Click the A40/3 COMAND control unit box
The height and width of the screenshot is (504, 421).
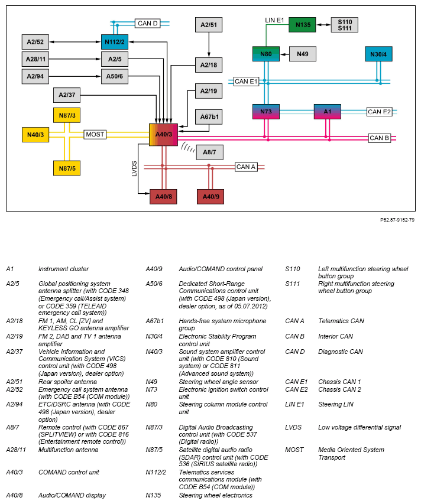(x=163, y=135)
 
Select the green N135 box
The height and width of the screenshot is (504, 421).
(x=302, y=25)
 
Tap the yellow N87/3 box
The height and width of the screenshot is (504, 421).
(x=67, y=115)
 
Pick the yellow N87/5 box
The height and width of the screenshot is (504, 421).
(x=67, y=168)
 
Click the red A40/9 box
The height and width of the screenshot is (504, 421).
(x=210, y=197)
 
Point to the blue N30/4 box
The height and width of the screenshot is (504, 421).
(x=378, y=54)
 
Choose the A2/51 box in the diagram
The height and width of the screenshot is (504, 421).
(x=209, y=25)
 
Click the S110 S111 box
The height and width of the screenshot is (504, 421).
(x=345, y=25)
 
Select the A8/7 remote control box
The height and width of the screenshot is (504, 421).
(x=209, y=152)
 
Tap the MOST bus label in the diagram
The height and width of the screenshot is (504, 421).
(x=95, y=134)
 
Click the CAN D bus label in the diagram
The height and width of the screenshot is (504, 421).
(x=148, y=24)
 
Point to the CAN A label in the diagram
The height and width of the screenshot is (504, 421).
(x=246, y=167)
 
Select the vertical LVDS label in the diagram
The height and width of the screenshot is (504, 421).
(x=134, y=169)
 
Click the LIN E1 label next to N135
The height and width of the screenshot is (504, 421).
(x=275, y=20)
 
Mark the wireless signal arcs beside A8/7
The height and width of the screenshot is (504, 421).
(x=188, y=147)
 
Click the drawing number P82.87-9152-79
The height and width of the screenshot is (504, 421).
(x=397, y=220)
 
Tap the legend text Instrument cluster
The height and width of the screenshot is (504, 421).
(x=63, y=269)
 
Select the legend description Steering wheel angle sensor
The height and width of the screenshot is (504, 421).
(x=219, y=382)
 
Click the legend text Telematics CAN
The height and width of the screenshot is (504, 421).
(x=341, y=321)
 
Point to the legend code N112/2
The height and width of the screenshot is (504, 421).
(x=156, y=473)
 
